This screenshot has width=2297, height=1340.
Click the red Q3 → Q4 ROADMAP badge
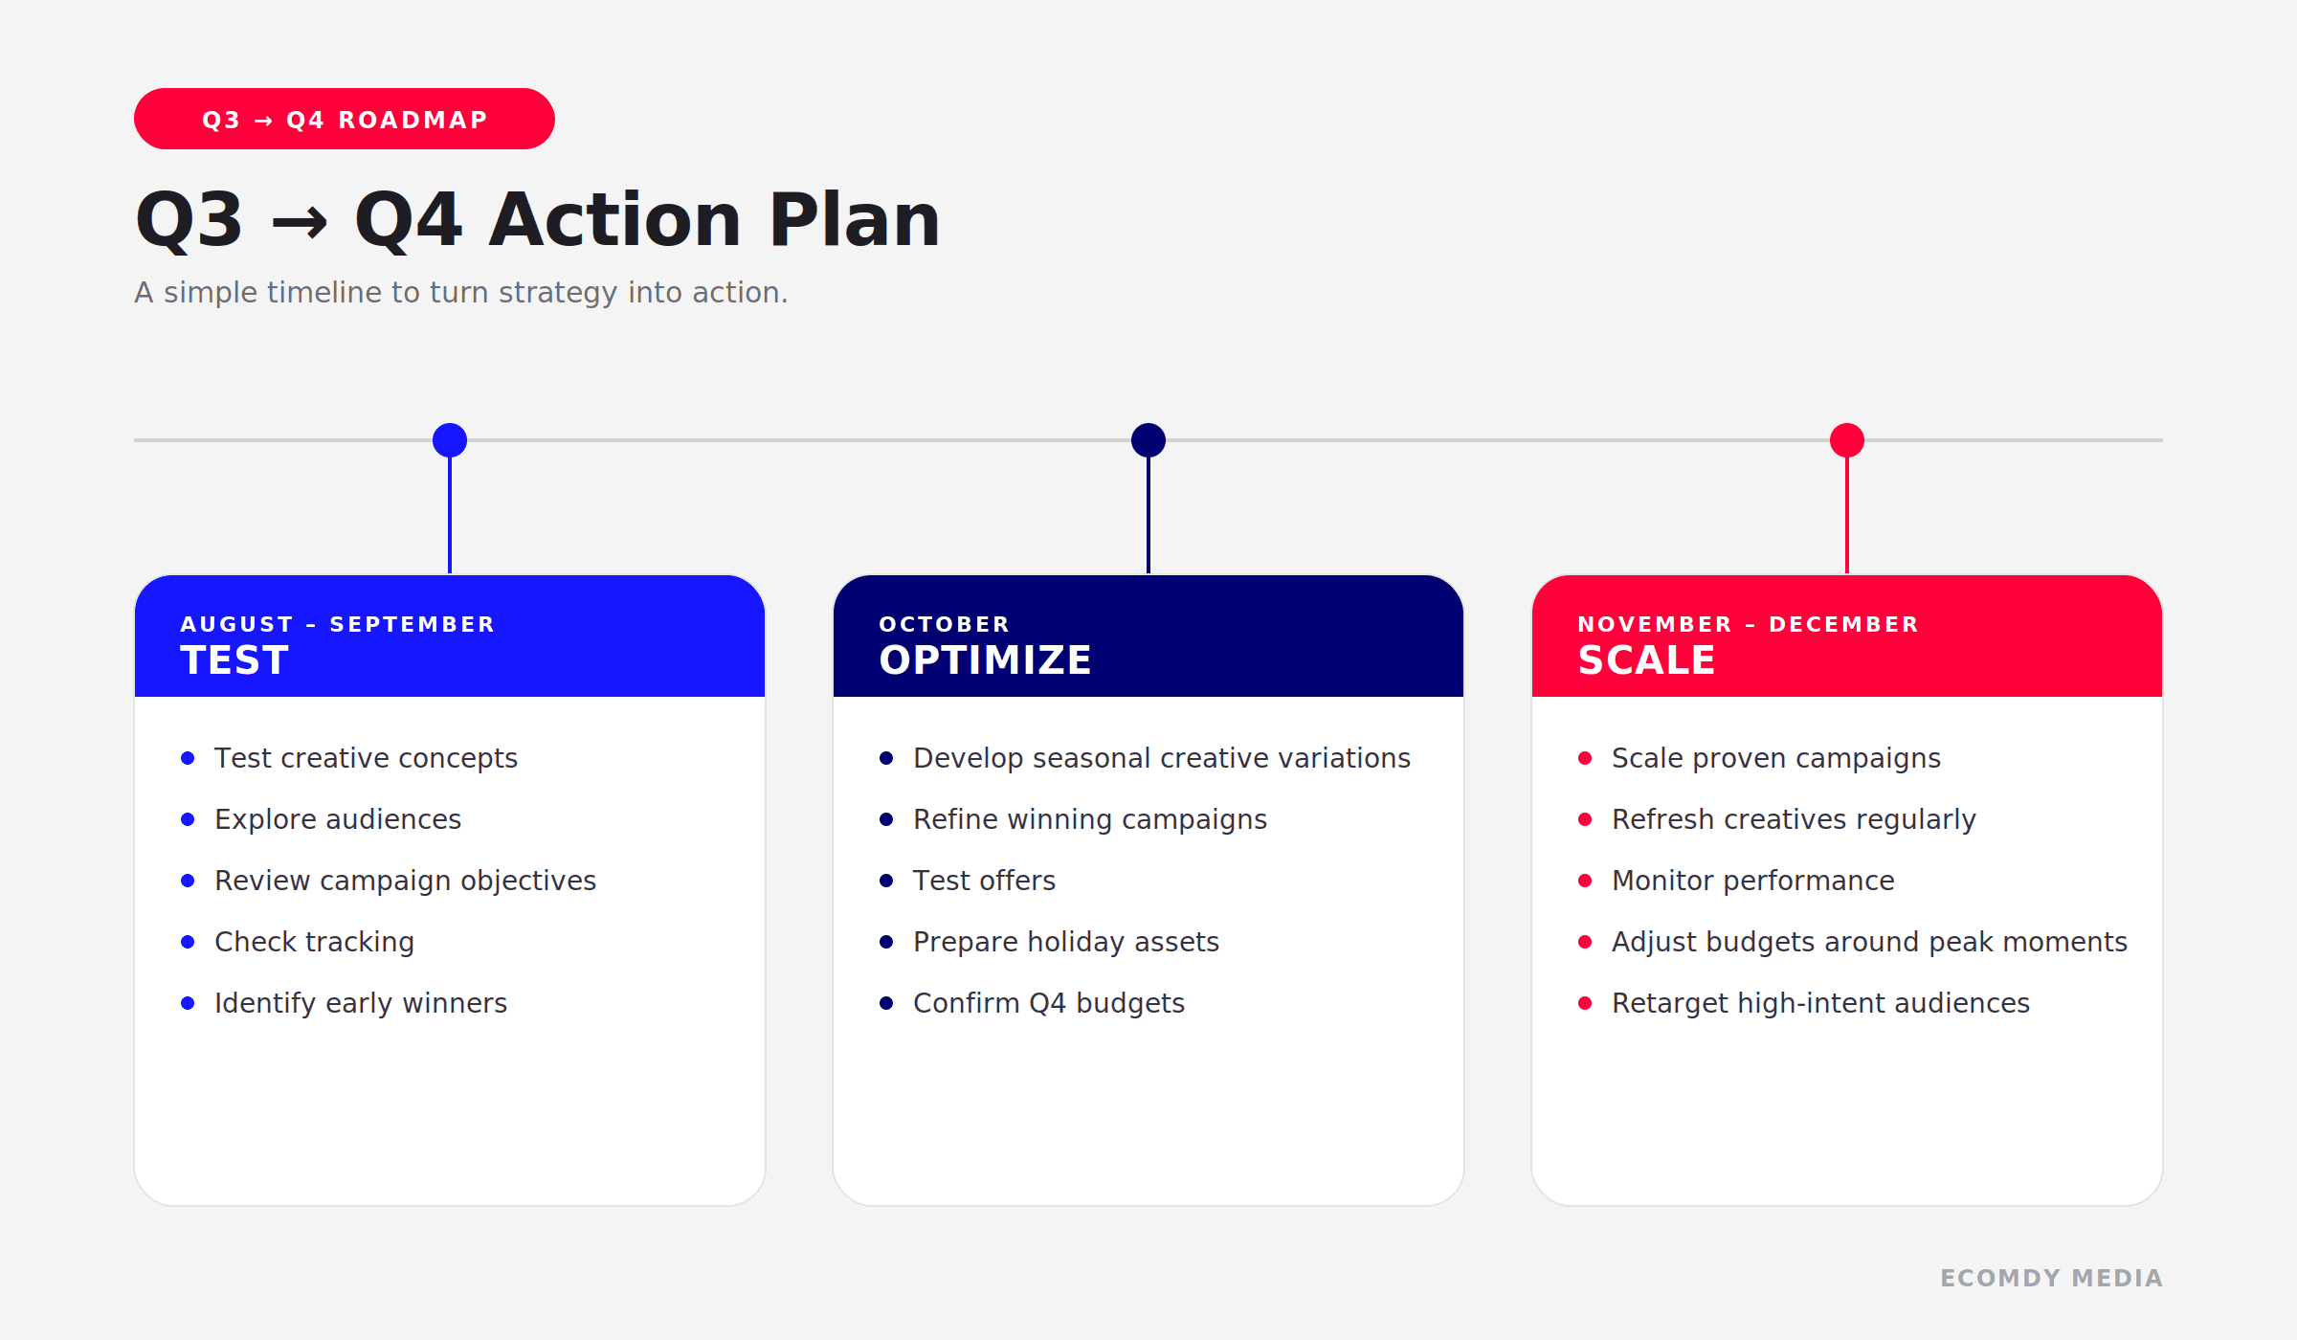tap(345, 119)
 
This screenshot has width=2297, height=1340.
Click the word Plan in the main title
tap(855, 219)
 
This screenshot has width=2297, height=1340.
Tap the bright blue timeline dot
tap(450, 440)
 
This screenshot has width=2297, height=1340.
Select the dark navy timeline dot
tap(1148, 440)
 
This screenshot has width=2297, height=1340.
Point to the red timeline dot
tap(1847, 440)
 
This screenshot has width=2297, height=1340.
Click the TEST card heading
tap(234, 660)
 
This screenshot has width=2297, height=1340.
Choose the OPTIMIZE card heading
tap(985, 660)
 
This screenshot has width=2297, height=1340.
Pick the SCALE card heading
tap(1646, 660)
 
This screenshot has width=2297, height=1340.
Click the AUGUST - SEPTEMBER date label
tap(338, 624)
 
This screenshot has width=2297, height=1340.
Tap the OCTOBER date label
tap(945, 624)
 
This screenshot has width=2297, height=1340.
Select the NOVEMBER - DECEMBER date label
tap(1749, 624)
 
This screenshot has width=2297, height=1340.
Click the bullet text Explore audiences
tap(338, 819)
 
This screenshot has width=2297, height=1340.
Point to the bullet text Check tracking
tap(315, 942)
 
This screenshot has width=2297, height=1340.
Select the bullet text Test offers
tap(984, 881)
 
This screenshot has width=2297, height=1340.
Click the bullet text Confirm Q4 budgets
tap(1049, 1003)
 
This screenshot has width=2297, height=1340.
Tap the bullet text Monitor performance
tap(1753, 881)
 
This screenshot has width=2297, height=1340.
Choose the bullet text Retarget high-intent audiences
tap(1820, 1003)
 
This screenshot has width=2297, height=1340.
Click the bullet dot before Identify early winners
tap(188, 1003)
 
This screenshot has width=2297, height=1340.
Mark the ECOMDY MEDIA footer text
tap(2051, 1278)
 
